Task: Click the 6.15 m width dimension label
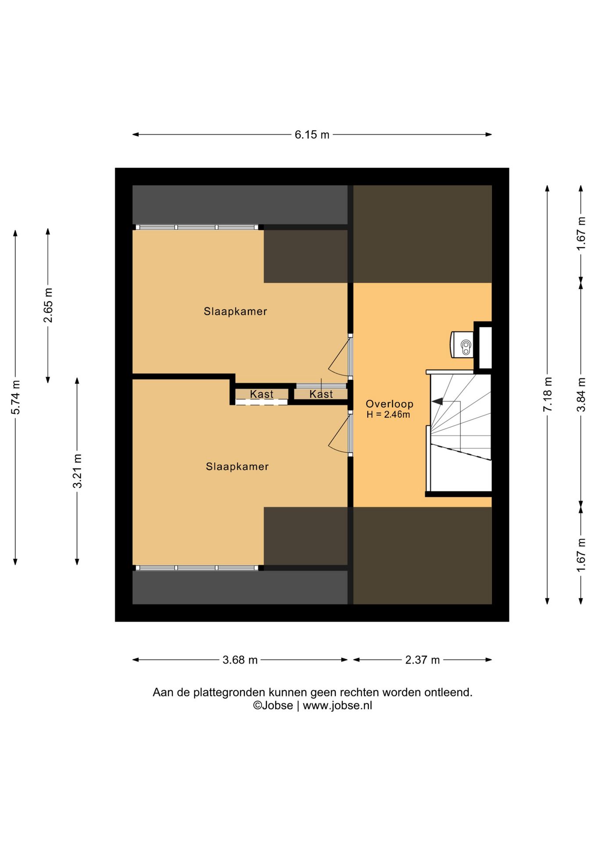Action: [x=312, y=135]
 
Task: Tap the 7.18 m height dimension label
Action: [x=547, y=394]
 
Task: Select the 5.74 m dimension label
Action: [x=15, y=397]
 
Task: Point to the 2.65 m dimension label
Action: [x=48, y=305]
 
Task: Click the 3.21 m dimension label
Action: [x=77, y=471]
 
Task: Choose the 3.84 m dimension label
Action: [x=581, y=394]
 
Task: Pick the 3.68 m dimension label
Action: [x=240, y=660]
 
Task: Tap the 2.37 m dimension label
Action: [x=422, y=660]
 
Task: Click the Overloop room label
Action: [x=389, y=404]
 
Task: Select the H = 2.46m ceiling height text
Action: [x=388, y=415]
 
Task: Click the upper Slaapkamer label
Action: [x=235, y=311]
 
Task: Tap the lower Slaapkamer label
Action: [x=237, y=467]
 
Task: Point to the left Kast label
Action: [x=262, y=394]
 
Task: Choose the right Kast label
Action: [x=321, y=394]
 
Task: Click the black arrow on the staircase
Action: [x=438, y=401]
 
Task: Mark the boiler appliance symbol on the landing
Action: [x=462, y=345]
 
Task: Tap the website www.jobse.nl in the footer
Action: [x=337, y=706]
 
